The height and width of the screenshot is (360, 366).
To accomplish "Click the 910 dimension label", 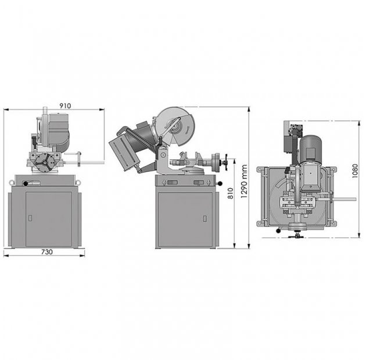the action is point(65,106).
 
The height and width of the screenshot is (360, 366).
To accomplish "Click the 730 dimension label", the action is point(47,252).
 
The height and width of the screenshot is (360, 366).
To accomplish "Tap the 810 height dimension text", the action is point(231,193).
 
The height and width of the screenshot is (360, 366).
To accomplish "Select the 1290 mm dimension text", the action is point(244,181).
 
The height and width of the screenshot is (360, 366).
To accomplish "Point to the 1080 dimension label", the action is point(354,171).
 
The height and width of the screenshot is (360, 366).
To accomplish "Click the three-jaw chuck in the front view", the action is point(45,163).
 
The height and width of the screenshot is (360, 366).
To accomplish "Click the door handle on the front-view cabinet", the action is point(30,218).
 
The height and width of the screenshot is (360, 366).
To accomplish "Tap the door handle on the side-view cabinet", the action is point(204,218).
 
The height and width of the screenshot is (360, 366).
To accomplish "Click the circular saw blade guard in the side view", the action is point(175,127).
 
